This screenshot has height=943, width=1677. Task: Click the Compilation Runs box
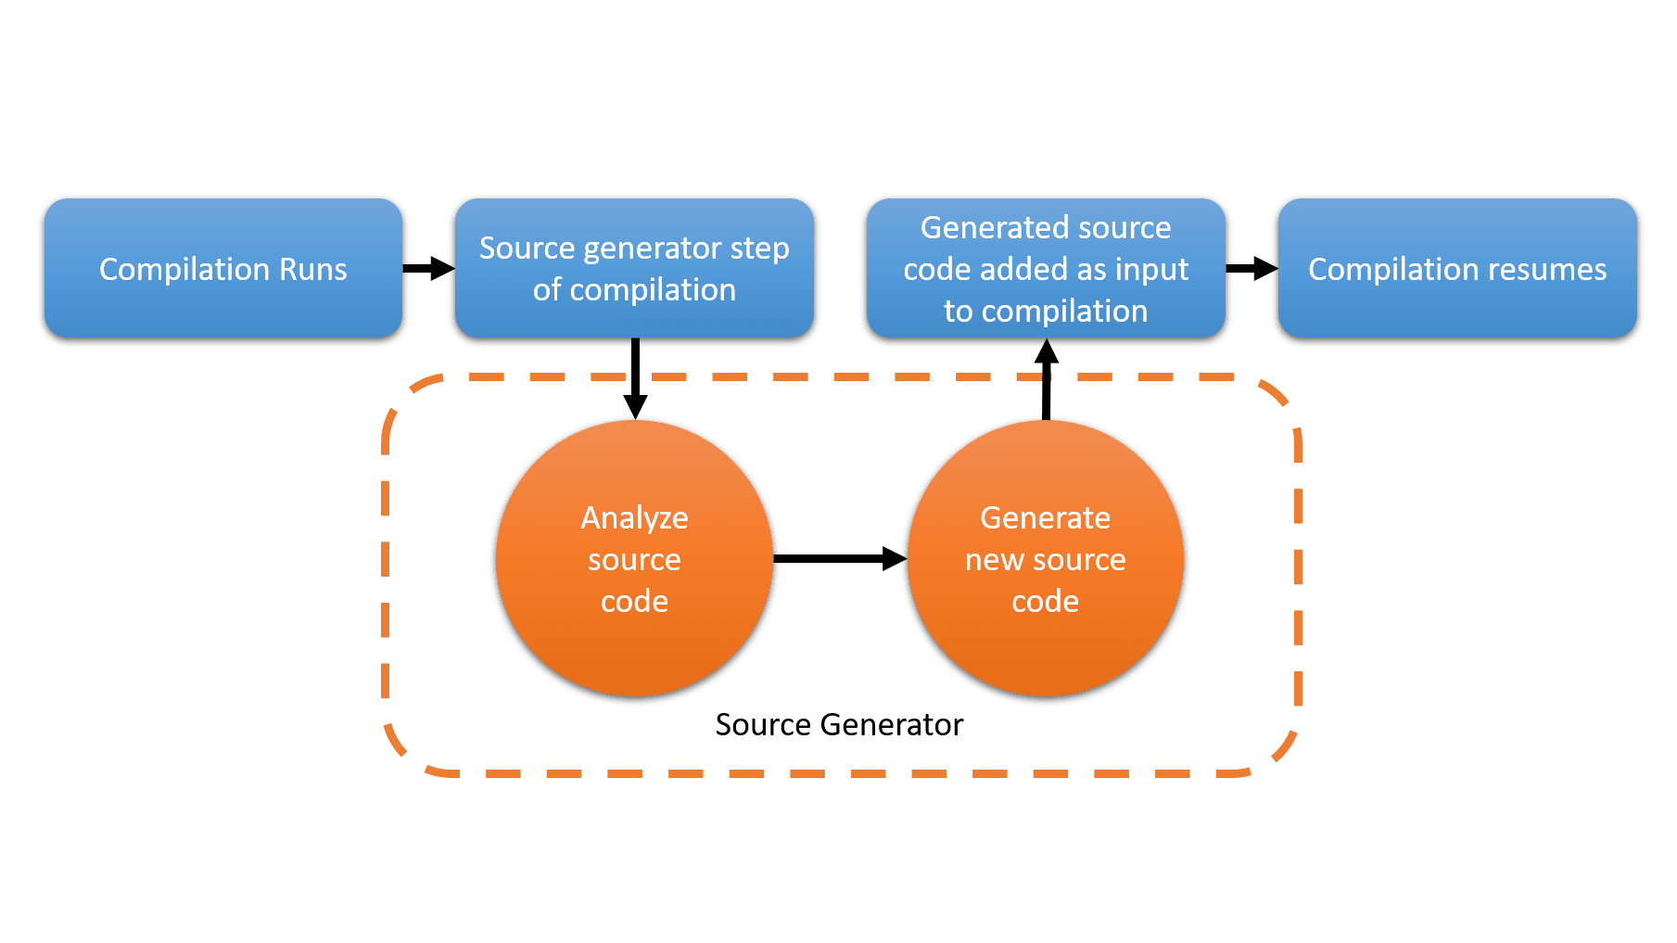pyautogui.click(x=222, y=268)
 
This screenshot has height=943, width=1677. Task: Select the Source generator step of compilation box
pyautogui.click(x=634, y=268)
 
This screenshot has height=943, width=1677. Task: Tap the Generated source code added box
pyautogui.click(x=1046, y=268)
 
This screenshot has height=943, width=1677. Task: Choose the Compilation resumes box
pyautogui.click(x=1457, y=268)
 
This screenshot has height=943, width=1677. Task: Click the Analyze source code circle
pyautogui.click(x=634, y=558)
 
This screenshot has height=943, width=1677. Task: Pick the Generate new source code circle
pyautogui.click(x=1046, y=558)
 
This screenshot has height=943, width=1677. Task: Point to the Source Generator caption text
pyautogui.click(x=839, y=724)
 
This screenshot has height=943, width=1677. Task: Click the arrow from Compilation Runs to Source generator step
pyautogui.click(x=429, y=269)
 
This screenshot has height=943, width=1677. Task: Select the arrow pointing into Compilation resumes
pyautogui.click(x=1251, y=269)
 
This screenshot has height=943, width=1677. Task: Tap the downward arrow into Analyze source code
pyautogui.click(x=635, y=380)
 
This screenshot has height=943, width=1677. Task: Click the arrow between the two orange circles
pyautogui.click(x=840, y=558)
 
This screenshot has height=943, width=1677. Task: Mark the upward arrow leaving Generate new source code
pyautogui.click(x=1047, y=380)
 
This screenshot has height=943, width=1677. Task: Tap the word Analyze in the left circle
pyautogui.click(x=634, y=517)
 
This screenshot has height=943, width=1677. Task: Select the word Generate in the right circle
pyautogui.click(x=1046, y=517)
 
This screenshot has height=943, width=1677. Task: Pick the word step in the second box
pyautogui.click(x=759, y=248)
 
